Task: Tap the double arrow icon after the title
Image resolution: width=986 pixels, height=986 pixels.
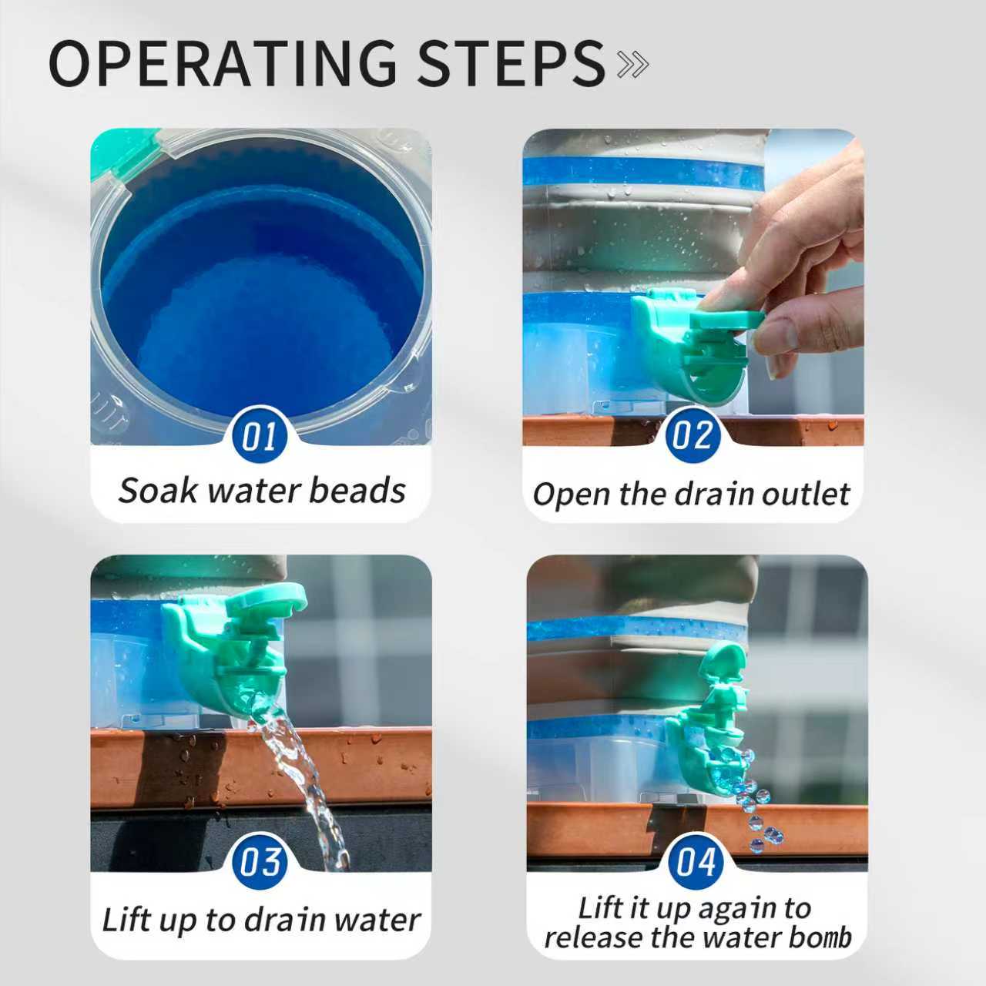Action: click(x=633, y=65)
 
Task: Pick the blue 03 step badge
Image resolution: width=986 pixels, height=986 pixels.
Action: click(x=260, y=861)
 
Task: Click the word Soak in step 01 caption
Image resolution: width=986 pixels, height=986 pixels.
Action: click(x=158, y=491)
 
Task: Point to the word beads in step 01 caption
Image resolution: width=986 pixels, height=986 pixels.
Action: click(x=357, y=491)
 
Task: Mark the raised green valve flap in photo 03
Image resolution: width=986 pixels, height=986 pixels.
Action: click(x=265, y=602)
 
